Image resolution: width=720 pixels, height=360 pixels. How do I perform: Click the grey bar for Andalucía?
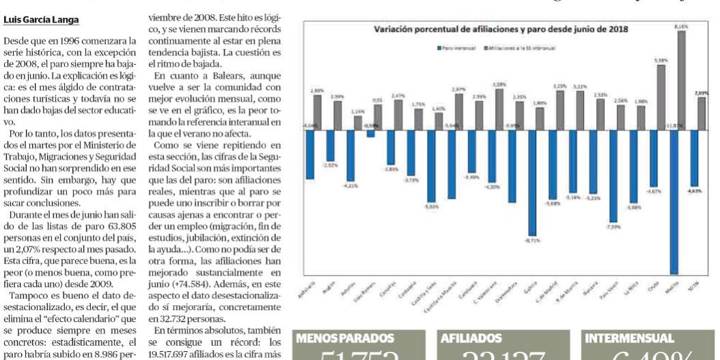[318, 112]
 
